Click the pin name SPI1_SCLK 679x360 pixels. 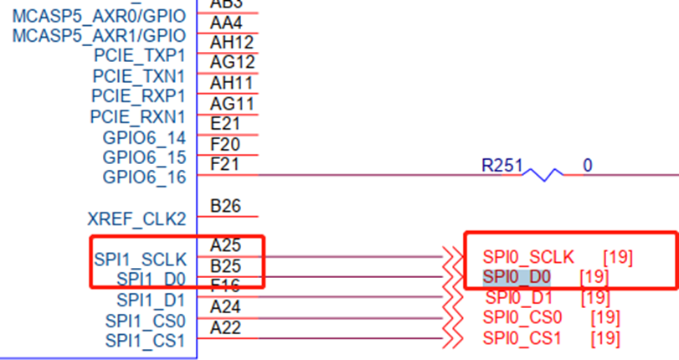point(140,260)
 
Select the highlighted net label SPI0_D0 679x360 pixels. point(517,275)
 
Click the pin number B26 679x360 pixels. point(225,205)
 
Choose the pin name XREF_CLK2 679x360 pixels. point(136,219)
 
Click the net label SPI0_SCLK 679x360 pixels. point(528,256)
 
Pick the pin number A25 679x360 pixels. point(225,245)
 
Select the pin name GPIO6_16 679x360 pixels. point(144,177)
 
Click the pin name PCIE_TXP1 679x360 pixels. point(139,56)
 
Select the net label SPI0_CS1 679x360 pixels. point(522,338)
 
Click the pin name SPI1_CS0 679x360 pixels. point(146,321)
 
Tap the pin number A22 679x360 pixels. point(225,328)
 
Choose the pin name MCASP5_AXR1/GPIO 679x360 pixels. point(100,36)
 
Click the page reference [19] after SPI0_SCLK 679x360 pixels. point(618,256)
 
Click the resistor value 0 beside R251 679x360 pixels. point(587,166)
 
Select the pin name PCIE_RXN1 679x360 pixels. point(138,116)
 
